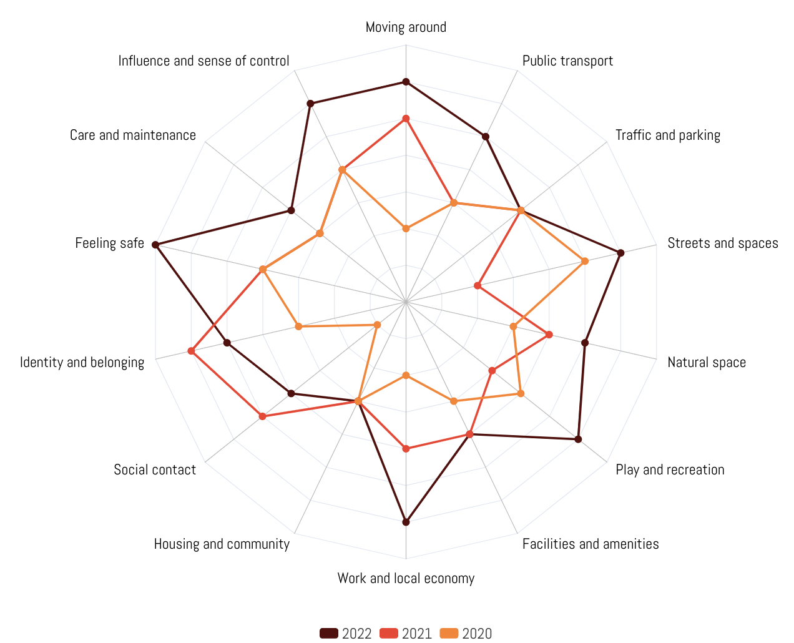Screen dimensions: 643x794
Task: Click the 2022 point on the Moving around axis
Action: [x=406, y=82]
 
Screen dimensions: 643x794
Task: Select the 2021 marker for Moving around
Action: [x=406, y=119]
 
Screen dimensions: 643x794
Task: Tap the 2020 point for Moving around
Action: [x=406, y=229]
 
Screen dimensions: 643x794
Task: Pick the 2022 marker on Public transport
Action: [x=486, y=137]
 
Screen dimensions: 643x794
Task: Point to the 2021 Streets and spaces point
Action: [x=478, y=286]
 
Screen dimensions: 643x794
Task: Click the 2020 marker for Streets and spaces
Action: [x=585, y=261]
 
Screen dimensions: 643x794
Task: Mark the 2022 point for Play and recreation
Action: [x=578, y=439]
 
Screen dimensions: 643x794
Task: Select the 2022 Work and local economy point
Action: [x=406, y=522]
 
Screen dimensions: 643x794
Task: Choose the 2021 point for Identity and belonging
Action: [x=192, y=351]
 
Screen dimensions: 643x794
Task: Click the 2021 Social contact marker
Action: [x=262, y=416]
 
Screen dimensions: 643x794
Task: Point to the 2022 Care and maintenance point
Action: [x=291, y=210]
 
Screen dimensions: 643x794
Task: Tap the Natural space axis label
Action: [x=706, y=363]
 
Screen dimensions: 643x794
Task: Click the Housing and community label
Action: [x=222, y=544]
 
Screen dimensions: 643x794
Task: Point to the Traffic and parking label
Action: [x=667, y=135]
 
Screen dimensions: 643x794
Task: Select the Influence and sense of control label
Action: [x=203, y=61]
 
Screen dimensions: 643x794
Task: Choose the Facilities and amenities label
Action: [x=590, y=544]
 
